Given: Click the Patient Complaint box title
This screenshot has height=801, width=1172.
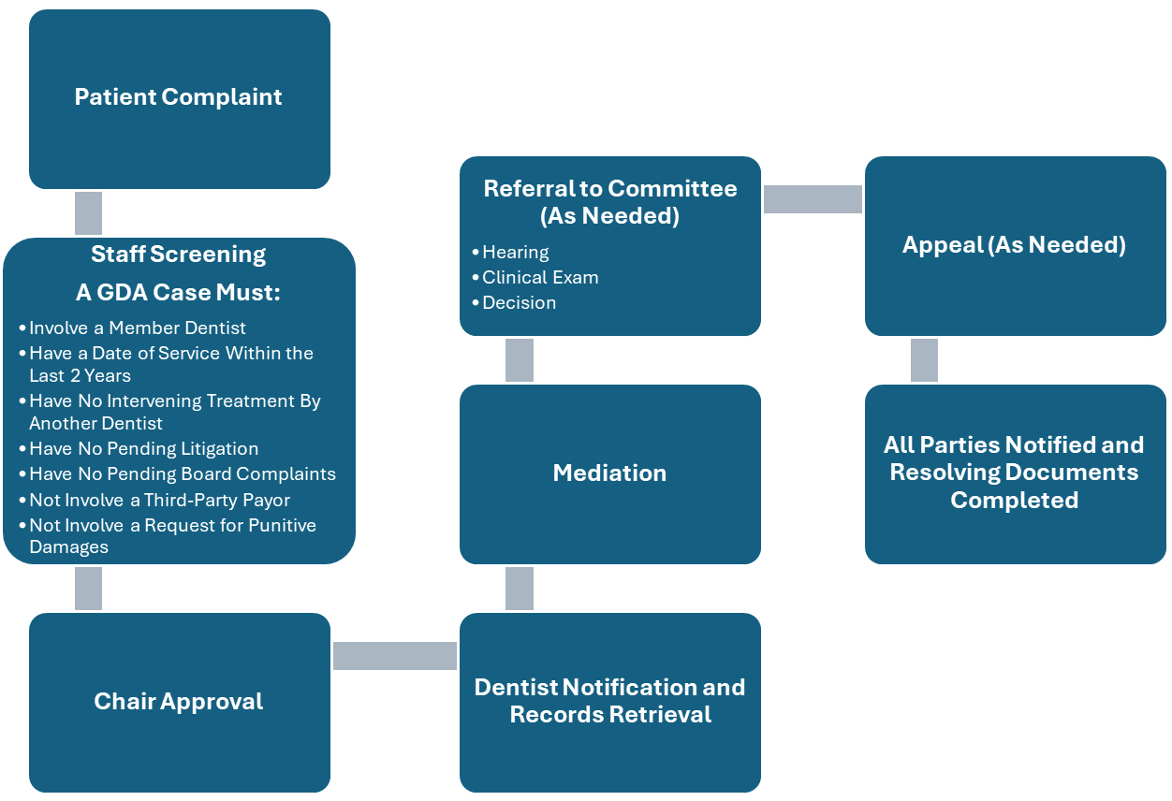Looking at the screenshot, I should (178, 97).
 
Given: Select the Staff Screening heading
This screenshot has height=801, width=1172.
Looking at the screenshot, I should (178, 255).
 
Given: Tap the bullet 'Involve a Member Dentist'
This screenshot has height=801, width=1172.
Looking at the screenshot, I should (137, 328).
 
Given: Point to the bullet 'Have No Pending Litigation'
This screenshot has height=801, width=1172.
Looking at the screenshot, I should (143, 449).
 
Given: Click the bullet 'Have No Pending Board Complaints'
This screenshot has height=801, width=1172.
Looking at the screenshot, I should (182, 474).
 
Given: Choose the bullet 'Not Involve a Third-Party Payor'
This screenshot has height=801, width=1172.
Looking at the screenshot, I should (159, 500).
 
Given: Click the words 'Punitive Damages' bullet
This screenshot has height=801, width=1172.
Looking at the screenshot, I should (172, 536).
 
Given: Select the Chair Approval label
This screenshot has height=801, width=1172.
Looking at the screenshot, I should (178, 702).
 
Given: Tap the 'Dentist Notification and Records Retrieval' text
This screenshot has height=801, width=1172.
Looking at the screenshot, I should (609, 701).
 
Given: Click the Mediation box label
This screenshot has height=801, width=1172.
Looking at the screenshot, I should (609, 473).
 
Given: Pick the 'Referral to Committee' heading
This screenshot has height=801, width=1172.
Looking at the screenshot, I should (609, 189).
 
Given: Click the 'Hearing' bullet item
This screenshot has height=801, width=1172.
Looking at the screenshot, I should (515, 253).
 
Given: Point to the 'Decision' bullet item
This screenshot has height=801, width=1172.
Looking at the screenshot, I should (519, 303).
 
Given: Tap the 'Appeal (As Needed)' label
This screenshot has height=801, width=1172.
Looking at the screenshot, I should (1014, 245).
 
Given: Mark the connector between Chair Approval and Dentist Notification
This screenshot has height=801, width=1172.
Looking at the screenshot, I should (394, 656).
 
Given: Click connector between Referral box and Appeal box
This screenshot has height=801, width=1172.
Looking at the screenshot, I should (812, 199).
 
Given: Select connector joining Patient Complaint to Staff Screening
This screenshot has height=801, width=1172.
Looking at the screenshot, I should (88, 213).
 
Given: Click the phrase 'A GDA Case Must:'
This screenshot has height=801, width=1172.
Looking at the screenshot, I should (178, 293).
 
